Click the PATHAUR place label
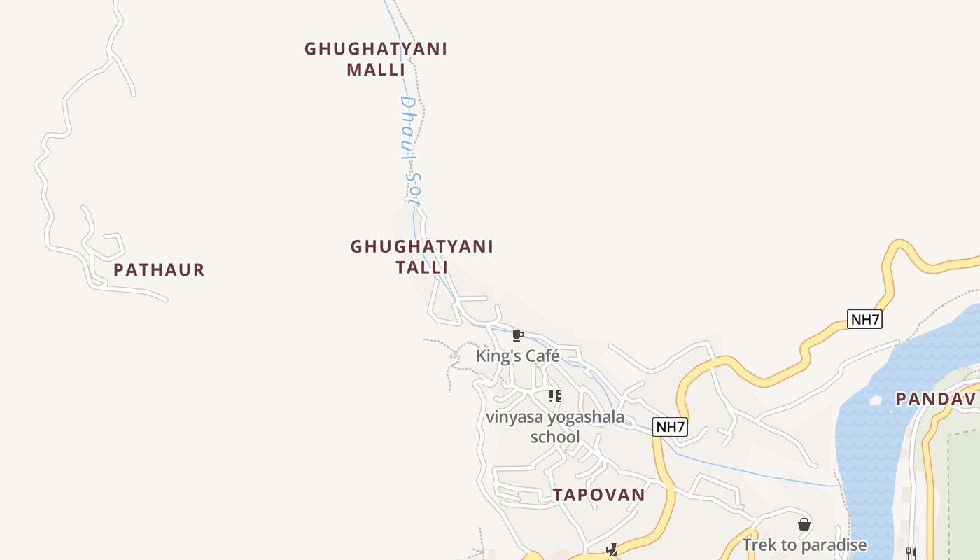[159, 270]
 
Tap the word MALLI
[376, 70]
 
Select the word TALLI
[421, 267]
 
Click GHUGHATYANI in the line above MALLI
[376, 49]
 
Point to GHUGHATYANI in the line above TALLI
[421, 246]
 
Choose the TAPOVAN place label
[598, 495]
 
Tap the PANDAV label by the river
[936, 399]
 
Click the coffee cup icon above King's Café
[518, 336]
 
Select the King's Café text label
[518, 356]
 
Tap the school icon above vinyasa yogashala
[555, 397]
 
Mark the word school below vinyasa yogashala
[555, 437]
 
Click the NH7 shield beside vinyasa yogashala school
[670, 426]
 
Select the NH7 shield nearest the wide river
[864, 320]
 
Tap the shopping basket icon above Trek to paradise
[804, 524]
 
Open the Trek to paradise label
[804, 545]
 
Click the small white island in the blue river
[874, 401]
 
